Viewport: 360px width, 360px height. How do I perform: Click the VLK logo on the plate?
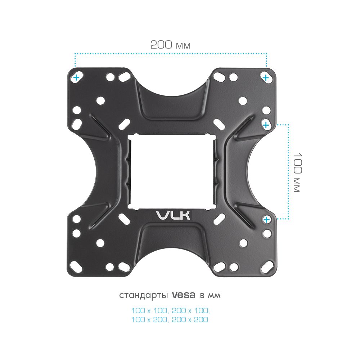(173, 215)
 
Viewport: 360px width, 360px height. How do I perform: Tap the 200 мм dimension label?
(170, 45)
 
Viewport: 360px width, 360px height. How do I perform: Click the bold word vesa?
(184, 295)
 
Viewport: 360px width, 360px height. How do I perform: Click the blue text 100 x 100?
(149, 311)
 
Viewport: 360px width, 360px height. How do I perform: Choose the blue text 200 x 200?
(190, 319)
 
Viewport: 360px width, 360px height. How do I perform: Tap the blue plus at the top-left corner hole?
(76, 78)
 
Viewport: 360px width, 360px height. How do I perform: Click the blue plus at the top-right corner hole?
(266, 78)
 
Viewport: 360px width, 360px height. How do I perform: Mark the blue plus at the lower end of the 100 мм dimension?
(266, 220)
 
